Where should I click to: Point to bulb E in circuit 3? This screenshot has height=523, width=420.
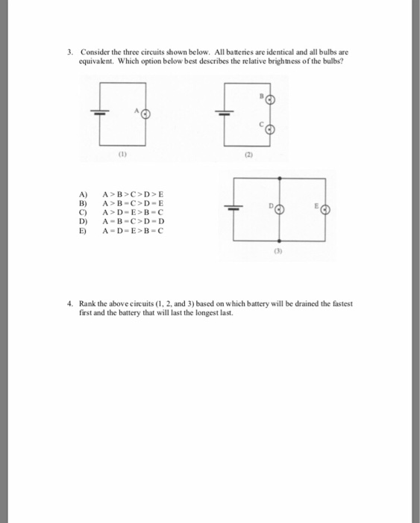tap(325, 210)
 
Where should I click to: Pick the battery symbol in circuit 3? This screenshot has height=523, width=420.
tap(234, 210)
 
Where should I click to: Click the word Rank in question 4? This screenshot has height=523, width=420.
tap(84, 305)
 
